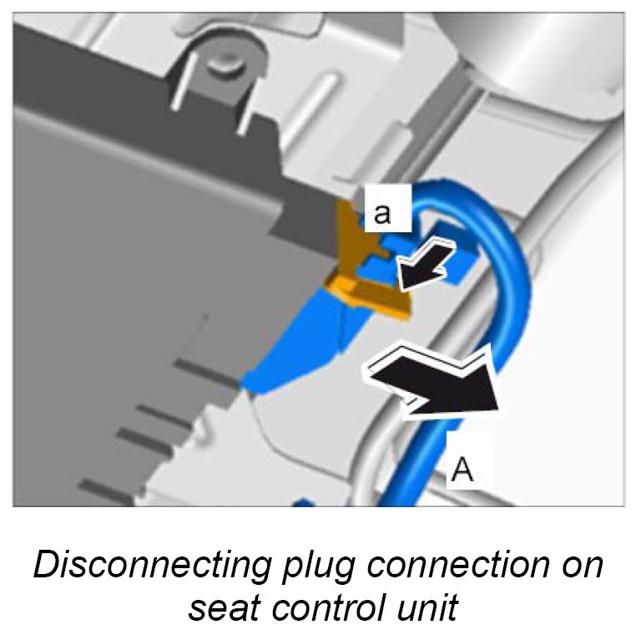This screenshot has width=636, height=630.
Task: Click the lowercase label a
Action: (383, 214)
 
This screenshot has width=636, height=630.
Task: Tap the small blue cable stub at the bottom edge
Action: (302, 503)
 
